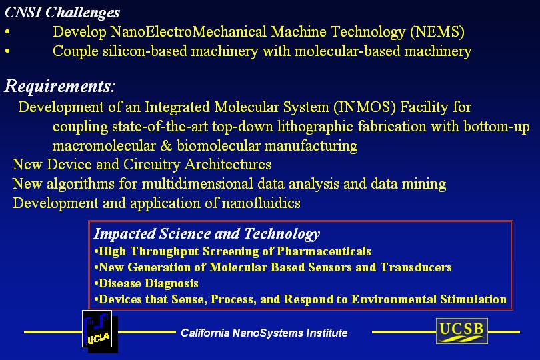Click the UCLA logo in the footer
100,331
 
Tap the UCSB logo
462,331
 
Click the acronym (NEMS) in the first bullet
437,32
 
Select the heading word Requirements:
59,86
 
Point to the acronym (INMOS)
365,107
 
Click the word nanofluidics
261,203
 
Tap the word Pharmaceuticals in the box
324,251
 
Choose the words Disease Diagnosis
149,283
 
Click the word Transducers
416,267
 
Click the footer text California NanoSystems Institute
264,333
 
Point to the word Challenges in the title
83,13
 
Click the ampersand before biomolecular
166,146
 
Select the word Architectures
228,164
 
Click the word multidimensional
198,183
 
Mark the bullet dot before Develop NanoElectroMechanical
7,32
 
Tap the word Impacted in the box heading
125,234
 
